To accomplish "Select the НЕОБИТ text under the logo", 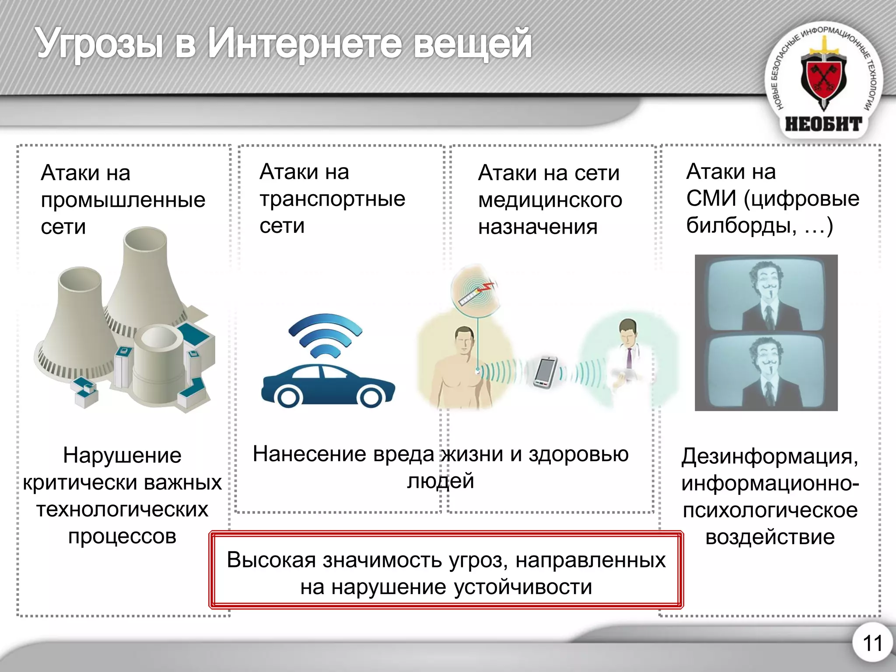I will [823, 124].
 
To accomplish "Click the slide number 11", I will [872, 644].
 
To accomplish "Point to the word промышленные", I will [123, 200].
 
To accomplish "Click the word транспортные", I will [332, 199].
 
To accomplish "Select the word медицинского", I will [550, 200].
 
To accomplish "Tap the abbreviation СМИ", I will [711, 199].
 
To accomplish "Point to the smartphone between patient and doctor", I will [545, 372].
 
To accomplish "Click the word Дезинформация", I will [770, 457].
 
